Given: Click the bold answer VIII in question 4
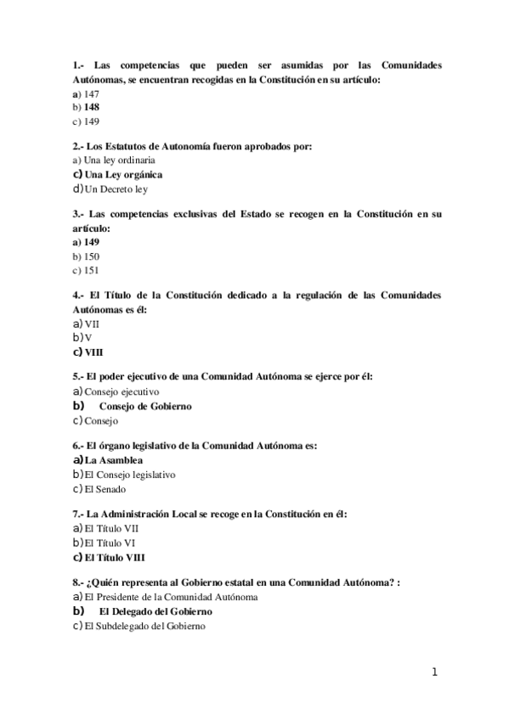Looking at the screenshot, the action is click(93, 352).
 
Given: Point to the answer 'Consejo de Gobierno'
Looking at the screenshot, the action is click(145, 406).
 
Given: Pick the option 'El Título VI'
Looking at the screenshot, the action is click(110, 542).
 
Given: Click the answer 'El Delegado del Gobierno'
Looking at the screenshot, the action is click(156, 611).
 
